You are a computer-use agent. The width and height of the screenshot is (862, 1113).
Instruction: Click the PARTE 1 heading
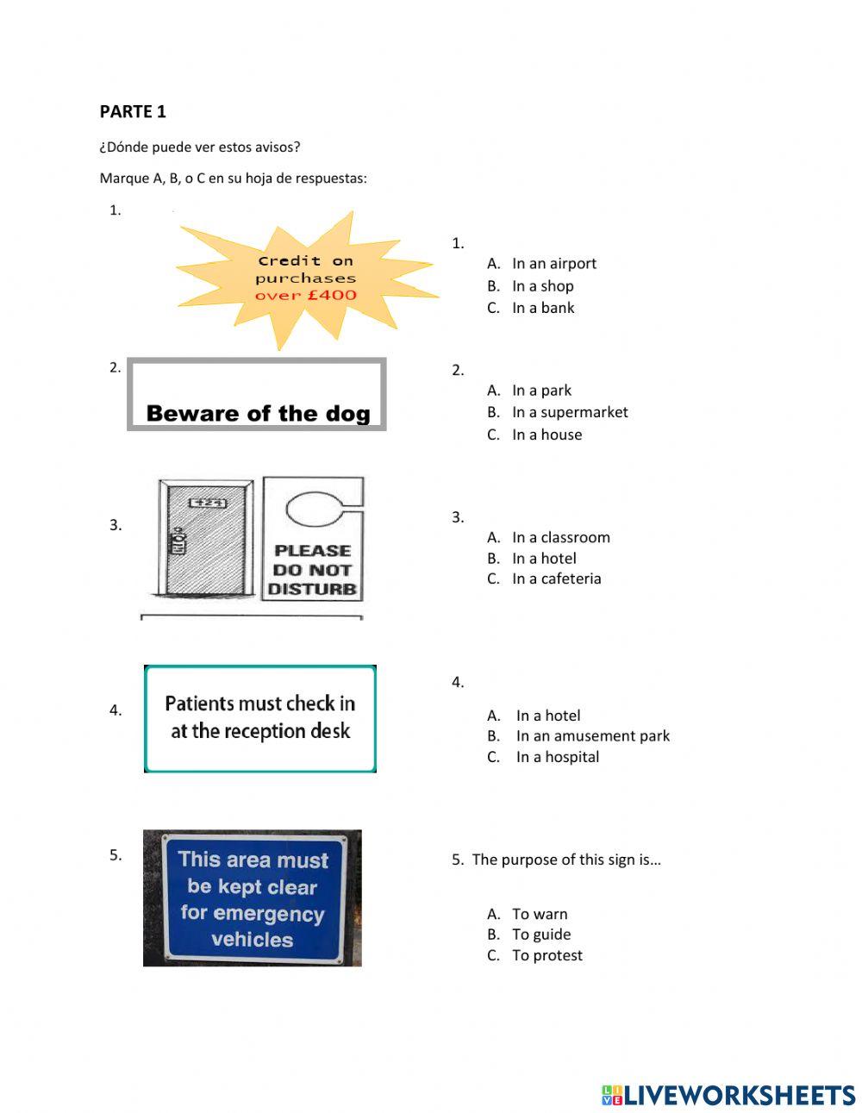[x=133, y=111]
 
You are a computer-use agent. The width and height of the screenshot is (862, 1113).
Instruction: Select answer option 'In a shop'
[x=542, y=285]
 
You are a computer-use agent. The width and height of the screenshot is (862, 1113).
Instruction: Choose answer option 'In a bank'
[x=543, y=308]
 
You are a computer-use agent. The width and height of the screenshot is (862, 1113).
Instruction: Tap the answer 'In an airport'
[x=553, y=263]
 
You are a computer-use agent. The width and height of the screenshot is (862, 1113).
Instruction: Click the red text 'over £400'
[x=305, y=295]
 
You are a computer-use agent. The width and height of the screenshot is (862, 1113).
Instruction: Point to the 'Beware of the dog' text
[x=258, y=414]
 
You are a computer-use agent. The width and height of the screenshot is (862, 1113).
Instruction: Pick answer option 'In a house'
[x=547, y=435]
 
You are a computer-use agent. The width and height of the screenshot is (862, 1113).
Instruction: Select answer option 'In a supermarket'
[x=570, y=412]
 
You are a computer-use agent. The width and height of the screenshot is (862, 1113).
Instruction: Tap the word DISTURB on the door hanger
[x=312, y=590]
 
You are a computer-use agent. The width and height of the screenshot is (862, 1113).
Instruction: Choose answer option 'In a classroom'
[x=560, y=537]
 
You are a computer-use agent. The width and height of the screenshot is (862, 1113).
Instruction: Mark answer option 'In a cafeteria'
[x=556, y=578]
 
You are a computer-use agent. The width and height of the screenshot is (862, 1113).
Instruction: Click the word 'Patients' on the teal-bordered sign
[x=199, y=703]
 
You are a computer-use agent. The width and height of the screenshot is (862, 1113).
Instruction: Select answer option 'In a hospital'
[x=558, y=757]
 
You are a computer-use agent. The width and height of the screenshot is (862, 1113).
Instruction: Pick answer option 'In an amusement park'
[x=592, y=735]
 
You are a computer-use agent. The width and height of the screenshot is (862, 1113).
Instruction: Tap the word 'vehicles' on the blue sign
[x=252, y=940]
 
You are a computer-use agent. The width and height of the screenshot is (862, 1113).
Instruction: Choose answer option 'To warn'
[x=540, y=914]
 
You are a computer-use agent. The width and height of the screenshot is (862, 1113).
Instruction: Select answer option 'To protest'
[x=547, y=955]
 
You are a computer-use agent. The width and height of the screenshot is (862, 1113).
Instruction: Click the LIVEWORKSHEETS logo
[x=728, y=1095]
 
